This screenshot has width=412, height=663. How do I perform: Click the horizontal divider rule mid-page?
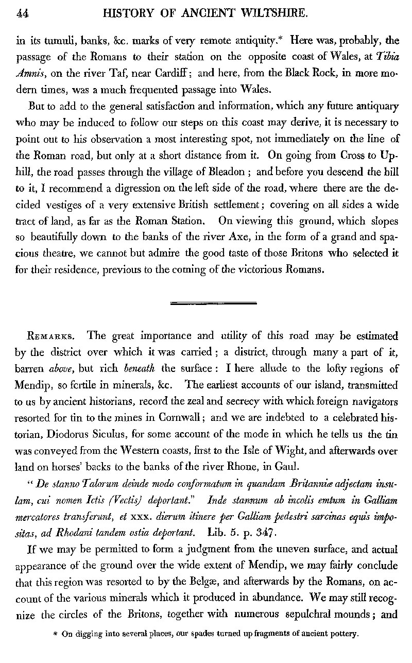tap(206, 305)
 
